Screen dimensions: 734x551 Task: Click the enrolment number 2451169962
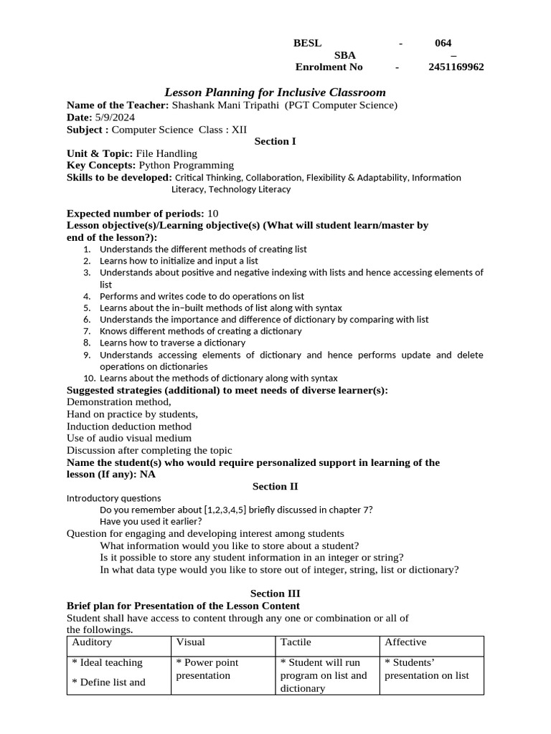(456, 67)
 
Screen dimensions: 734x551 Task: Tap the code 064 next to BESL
(443, 43)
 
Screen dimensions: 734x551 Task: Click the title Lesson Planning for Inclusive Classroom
(275, 92)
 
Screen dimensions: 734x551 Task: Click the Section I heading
(275, 141)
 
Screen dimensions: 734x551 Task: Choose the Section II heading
(275, 486)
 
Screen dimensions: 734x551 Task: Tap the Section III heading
(275, 594)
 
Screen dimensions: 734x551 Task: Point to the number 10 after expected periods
(213, 214)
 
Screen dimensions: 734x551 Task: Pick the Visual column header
(191, 642)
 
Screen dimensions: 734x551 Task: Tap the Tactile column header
(296, 642)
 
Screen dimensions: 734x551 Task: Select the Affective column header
(405, 642)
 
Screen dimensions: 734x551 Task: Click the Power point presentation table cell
(207, 669)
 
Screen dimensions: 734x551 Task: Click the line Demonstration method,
(119, 402)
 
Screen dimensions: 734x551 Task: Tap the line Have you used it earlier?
(151, 521)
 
